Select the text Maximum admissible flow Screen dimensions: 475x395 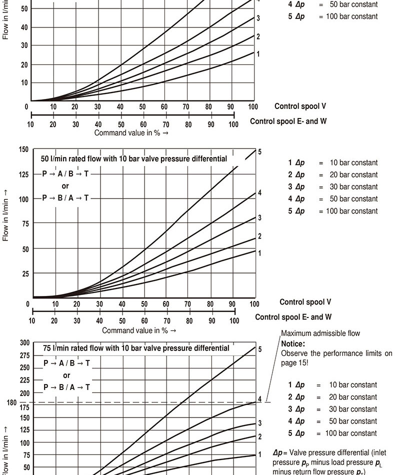[320, 333]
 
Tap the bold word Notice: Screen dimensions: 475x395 [293, 344]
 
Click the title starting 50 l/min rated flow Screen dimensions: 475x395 [133, 158]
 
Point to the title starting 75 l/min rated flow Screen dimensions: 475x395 [136, 348]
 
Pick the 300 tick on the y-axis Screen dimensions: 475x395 [24, 342]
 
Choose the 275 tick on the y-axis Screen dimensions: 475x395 [24, 355]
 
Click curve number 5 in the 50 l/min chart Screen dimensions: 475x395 [259, 151]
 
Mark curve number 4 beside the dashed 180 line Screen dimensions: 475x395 [259, 399]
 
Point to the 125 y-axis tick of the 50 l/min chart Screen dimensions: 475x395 [23, 174]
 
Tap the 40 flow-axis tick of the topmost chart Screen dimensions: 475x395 [24, 27]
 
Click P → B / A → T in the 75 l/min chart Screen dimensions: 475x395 [66, 387]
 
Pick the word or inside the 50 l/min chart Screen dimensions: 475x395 [65, 186]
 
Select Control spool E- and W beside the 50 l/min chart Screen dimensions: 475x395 [293, 317]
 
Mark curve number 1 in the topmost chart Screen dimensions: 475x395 [258, 53]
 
